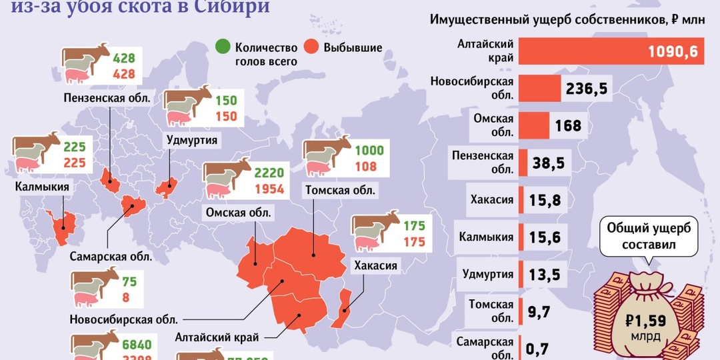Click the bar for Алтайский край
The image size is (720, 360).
pos(611,51)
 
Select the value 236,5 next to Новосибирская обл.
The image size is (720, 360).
pos(586,89)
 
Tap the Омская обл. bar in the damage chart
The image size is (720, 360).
pos(533,125)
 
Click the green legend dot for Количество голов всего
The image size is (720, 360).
pos(223,47)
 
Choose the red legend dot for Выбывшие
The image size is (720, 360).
pos(311,47)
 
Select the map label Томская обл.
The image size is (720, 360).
pos(340,191)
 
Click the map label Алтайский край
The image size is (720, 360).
pos(217,337)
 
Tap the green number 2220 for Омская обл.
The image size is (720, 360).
pos(269,173)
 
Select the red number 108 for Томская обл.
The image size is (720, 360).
pos(366,167)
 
